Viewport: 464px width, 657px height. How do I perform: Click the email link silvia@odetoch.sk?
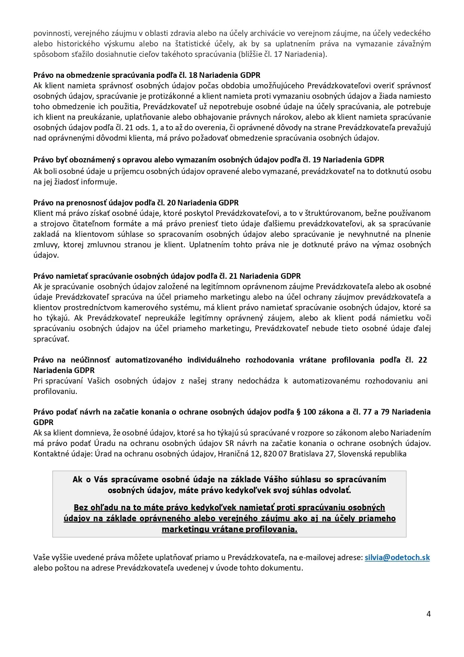[397, 557]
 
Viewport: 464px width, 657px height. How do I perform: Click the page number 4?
[428, 614]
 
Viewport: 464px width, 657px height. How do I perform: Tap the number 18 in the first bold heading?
[193, 75]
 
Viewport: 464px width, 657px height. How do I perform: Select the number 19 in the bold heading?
[316, 160]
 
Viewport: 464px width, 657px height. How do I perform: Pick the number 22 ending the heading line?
[422, 360]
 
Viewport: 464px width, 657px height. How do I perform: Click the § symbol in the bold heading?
[299, 412]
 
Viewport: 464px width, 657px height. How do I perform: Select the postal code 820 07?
[275, 454]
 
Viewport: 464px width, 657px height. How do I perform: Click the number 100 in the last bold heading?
[310, 412]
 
